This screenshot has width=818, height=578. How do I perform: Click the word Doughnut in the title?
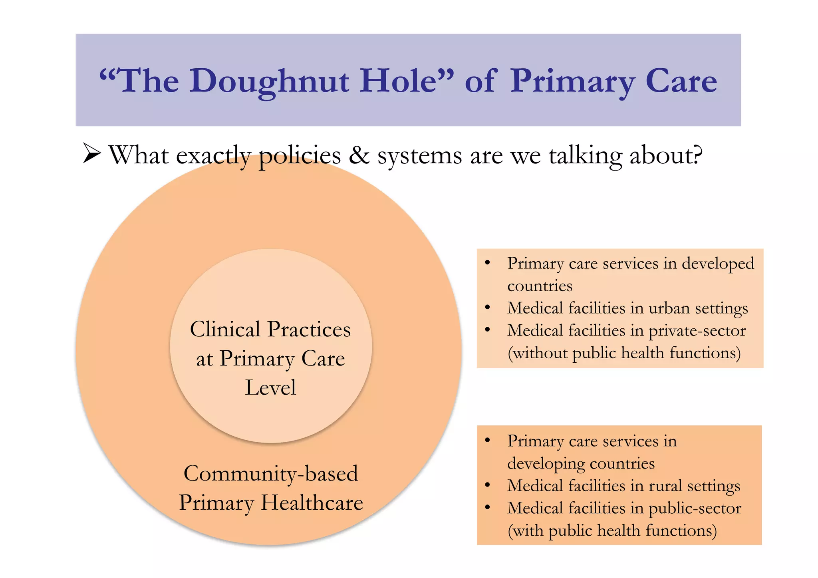(270, 81)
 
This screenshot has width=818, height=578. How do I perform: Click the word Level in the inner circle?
(271, 387)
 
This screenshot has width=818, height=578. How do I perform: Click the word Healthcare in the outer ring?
(312, 503)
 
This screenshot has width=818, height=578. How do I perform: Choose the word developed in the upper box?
(718, 264)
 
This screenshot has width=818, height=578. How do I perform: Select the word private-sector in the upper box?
(697, 331)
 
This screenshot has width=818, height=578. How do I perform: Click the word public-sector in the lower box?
(695, 508)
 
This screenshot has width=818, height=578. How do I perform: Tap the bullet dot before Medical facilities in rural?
(487, 485)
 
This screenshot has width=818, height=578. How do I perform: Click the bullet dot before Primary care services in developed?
(487, 263)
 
